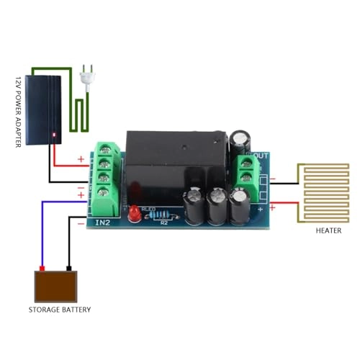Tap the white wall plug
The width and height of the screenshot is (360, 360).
(x=89, y=71)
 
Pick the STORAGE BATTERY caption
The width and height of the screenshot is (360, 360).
(x=60, y=310)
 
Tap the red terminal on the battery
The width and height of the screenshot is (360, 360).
(x=43, y=269)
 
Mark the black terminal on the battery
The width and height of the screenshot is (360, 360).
(x=68, y=269)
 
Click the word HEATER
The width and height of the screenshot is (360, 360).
(x=328, y=231)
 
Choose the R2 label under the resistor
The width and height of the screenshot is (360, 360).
(x=163, y=223)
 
